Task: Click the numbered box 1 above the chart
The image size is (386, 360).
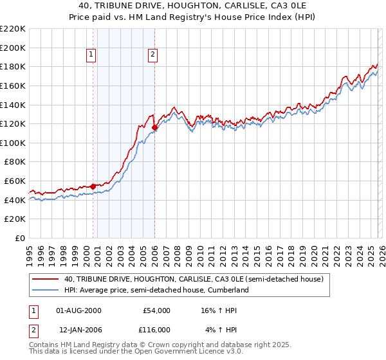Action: coord(92,55)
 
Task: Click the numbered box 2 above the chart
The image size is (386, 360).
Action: coord(152,55)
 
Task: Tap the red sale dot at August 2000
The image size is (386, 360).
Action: coord(93,186)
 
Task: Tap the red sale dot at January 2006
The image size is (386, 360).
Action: coord(155,128)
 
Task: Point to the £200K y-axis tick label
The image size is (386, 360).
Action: coord(13,48)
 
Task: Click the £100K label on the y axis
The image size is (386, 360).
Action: coord(13,143)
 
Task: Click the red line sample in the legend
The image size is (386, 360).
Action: coord(45,279)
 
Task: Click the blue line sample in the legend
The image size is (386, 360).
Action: coord(45,290)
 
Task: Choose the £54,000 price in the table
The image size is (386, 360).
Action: coord(156,310)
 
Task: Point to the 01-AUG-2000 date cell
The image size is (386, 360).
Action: coord(79,310)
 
